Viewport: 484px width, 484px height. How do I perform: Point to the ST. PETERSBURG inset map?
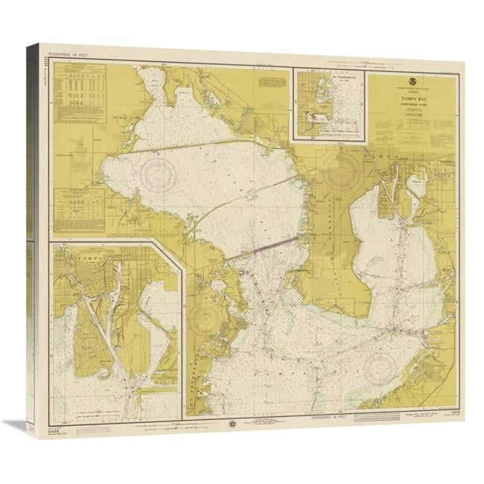click(331, 104)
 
